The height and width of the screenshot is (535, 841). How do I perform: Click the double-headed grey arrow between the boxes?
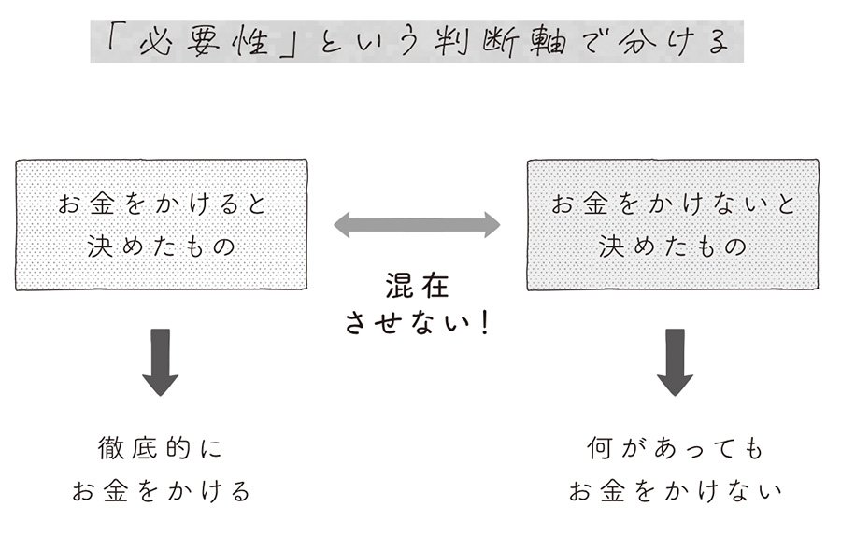tap(417, 224)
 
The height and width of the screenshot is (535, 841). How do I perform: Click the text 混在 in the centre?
tap(416, 286)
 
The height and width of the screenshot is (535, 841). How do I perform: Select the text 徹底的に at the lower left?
tap(160, 449)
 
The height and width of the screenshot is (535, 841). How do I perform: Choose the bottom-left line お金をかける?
tap(161, 490)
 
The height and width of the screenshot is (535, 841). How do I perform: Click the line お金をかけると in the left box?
tap(161, 204)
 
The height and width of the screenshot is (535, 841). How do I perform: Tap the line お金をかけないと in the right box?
tap(673, 204)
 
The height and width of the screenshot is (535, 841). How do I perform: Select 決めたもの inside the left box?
tap(161, 247)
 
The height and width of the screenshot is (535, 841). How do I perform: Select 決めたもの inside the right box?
tap(673, 247)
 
